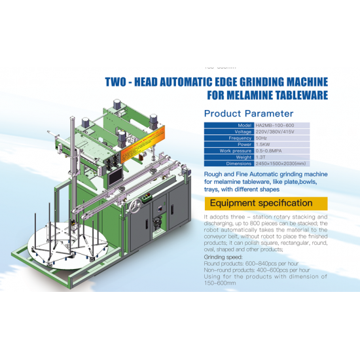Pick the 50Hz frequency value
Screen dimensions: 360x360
[261, 138]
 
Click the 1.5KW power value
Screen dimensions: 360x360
[262, 145]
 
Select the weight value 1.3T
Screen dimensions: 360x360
[261, 157]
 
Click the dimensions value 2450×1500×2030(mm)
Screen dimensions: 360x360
[281, 163]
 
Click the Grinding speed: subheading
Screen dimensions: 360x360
[225, 258]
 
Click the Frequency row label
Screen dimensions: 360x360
[240, 138]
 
